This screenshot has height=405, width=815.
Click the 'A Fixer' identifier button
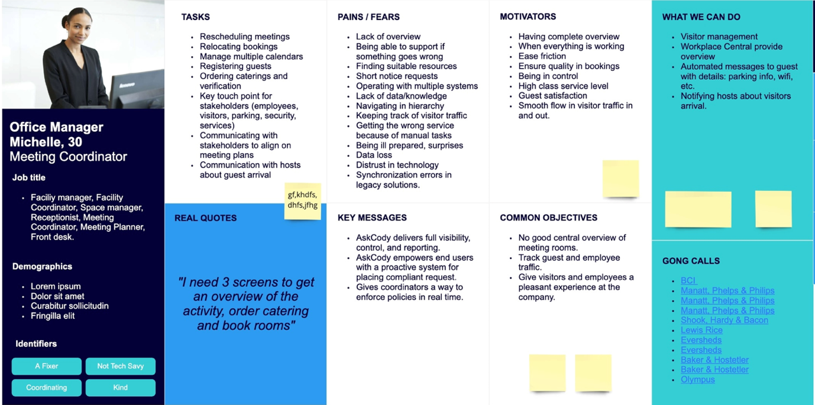point(47,366)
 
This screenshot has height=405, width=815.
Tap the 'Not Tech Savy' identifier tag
point(121,366)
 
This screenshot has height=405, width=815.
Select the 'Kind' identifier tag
point(121,387)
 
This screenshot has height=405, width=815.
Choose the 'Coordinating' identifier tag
point(47,387)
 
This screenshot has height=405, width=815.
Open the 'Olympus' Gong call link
point(697,380)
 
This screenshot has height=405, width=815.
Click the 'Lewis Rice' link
point(701,330)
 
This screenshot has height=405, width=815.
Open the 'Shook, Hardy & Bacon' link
point(725,320)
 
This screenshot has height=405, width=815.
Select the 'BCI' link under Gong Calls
point(688,281)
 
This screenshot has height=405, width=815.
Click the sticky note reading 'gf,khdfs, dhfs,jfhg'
point(303,201)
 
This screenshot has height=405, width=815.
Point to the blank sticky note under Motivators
point(620,179)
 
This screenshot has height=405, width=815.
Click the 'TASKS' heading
point(195,17)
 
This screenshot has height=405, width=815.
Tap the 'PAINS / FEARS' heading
point(368,17)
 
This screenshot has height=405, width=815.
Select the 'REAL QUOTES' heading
point(206,218)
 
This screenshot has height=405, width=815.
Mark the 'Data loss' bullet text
point(374,155)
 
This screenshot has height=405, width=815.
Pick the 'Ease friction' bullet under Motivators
point(542,56)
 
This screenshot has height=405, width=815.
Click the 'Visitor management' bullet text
point(719,37)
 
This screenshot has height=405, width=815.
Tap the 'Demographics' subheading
point(42,267)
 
